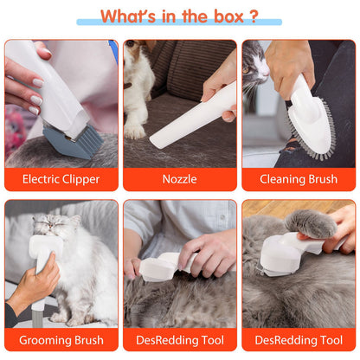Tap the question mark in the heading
[x=254, y=16]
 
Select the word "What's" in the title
[x=130, y=16]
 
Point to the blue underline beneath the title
[x=179, y=22]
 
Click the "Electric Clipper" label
[x=61, y=180]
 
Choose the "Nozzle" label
[x=179, y=180]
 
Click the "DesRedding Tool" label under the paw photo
[x=299, y=340]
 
